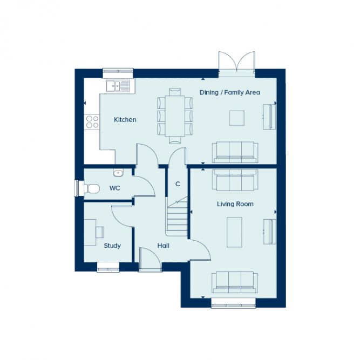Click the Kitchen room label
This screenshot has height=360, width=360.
click(x=125, y=120)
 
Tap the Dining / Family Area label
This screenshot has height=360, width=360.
click(x=229, y=93)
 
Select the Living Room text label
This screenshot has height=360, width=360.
click(x=235, y=204)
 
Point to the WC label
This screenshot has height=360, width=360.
click(x=114, y=188)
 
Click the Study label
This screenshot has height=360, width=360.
click(x=112, y=246)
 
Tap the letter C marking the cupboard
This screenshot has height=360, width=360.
click(x=177, y=184)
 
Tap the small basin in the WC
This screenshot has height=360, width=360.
click(x=118, y=172)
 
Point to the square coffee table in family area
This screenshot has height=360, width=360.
click(x=237, y=118)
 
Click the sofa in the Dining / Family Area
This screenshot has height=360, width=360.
click(x=234, y=152)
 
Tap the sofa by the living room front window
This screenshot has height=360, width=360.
click(x=234, y=282)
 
